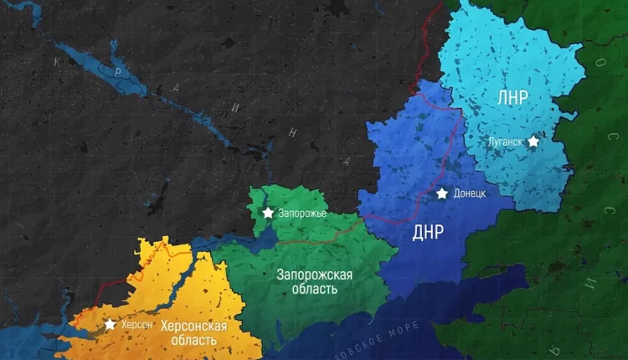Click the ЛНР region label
coord(512,97)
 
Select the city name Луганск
coord(505,142)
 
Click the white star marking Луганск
coord(533,141)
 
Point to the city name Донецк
coord(469,193)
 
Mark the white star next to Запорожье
coord(268,213)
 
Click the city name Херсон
coord(137,325)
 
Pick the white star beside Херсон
coord(110,324)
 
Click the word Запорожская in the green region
coord(315,275)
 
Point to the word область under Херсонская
coord(190,340)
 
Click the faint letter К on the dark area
coord(58,62)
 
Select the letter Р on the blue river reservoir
coord(120,73)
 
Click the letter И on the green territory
coord(589,282)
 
